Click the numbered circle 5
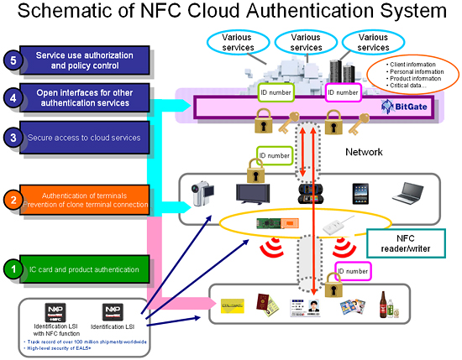tap(13, 60)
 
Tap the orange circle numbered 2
tap(13, 200)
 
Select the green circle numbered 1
tap(13, 269)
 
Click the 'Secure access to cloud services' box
tap(87, 137)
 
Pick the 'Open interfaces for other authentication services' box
tap(87, 97)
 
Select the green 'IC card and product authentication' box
tap(87, 269)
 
